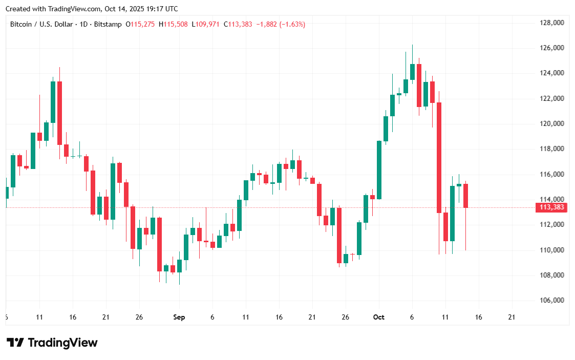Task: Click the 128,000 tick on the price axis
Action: (551, 23)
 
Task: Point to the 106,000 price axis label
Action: (551, 301)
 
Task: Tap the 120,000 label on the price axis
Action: (551, 124)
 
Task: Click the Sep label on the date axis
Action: (179, 317)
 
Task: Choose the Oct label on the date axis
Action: (378, 317)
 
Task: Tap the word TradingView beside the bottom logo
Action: (62, 343)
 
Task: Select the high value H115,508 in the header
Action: (173, 24)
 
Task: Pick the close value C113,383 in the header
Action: (238, 24)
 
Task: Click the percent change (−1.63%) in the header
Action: (292, 24)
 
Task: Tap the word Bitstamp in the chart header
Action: (108, 24)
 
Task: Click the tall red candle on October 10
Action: (439, 158)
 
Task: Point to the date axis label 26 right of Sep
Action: (345, 317)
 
